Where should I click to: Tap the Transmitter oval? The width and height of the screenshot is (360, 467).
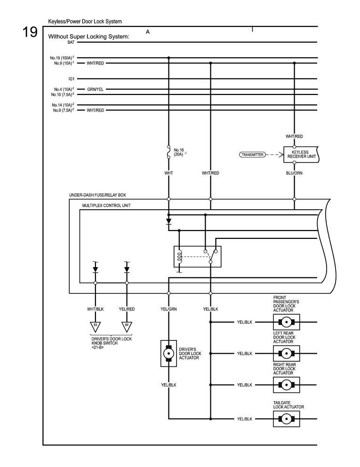coord(253,154)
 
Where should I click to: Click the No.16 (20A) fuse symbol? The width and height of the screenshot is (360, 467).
coord(168,153)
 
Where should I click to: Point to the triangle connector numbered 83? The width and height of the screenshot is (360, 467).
coord(96,325)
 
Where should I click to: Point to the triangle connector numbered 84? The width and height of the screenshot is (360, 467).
coord(127,325)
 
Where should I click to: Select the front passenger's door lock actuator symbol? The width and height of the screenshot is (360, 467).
coord(286,323)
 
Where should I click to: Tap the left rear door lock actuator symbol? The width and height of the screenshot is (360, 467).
coord(286,353)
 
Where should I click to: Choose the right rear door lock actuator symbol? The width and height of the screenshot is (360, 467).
coord(286,385)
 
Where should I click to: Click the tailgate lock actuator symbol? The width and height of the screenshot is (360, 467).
coord(286,419)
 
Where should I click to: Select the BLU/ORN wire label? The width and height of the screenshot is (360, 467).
coord(294,173)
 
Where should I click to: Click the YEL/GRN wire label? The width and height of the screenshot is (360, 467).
coord(169,309)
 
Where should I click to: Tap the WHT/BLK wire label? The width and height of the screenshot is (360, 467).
coord(96,309)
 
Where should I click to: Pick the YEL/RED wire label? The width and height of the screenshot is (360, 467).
coord(127,309)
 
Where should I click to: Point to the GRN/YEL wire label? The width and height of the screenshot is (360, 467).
coord(96,89)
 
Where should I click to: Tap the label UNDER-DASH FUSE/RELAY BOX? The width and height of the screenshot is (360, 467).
coord(97,194)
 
